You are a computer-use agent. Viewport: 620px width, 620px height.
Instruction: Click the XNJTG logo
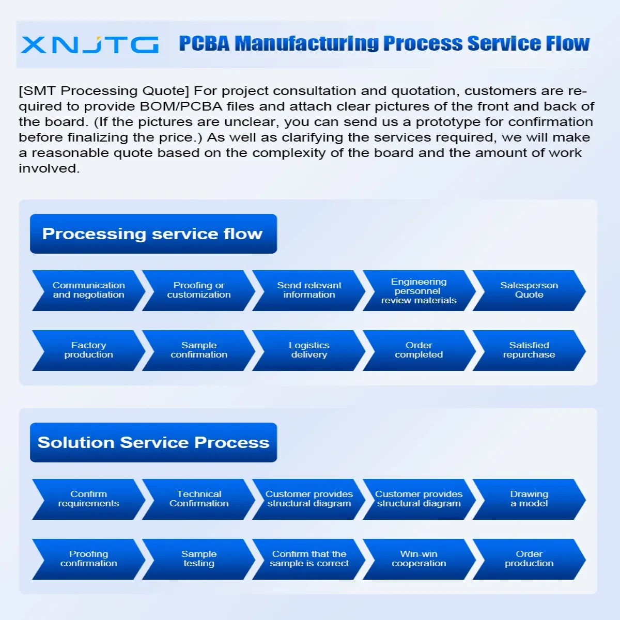[x=89, y=44]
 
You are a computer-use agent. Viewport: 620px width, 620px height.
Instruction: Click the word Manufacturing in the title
[x=307, y=43]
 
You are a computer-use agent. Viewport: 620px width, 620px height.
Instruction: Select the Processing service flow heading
[x=153, y=234]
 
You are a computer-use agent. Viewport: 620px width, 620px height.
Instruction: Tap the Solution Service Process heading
[x=153, y=442]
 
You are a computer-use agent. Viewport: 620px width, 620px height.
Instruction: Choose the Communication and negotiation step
[x=88, y=290]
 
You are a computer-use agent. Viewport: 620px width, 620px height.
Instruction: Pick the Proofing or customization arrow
[x=199, y=290]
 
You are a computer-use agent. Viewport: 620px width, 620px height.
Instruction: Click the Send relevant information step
[x=309, y=290]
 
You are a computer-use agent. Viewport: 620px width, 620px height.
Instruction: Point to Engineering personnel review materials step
[x=419, y=290]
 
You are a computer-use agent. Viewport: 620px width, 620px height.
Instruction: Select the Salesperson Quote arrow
[x=529, y=290]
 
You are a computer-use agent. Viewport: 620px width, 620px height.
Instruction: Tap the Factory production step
[x=88, y=350]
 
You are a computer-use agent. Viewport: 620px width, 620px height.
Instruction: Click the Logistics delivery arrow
[x=309, y=350]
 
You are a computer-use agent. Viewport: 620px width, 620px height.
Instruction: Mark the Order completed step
[x=419, y=350]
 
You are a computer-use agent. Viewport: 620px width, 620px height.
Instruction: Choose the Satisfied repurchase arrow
[x=529, y=350]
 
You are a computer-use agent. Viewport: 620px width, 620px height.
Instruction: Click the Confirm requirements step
[x=88, y=499]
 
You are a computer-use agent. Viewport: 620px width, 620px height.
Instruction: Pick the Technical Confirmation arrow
[x=199, y=499]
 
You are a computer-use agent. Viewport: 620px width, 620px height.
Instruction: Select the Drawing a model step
[x=529, y=499]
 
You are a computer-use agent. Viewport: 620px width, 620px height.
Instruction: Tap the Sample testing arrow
[x=199, y=559]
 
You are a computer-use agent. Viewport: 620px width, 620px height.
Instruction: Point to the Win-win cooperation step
[x=419, y=559]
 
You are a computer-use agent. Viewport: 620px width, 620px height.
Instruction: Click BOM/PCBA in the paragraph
[x=181, y=106]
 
